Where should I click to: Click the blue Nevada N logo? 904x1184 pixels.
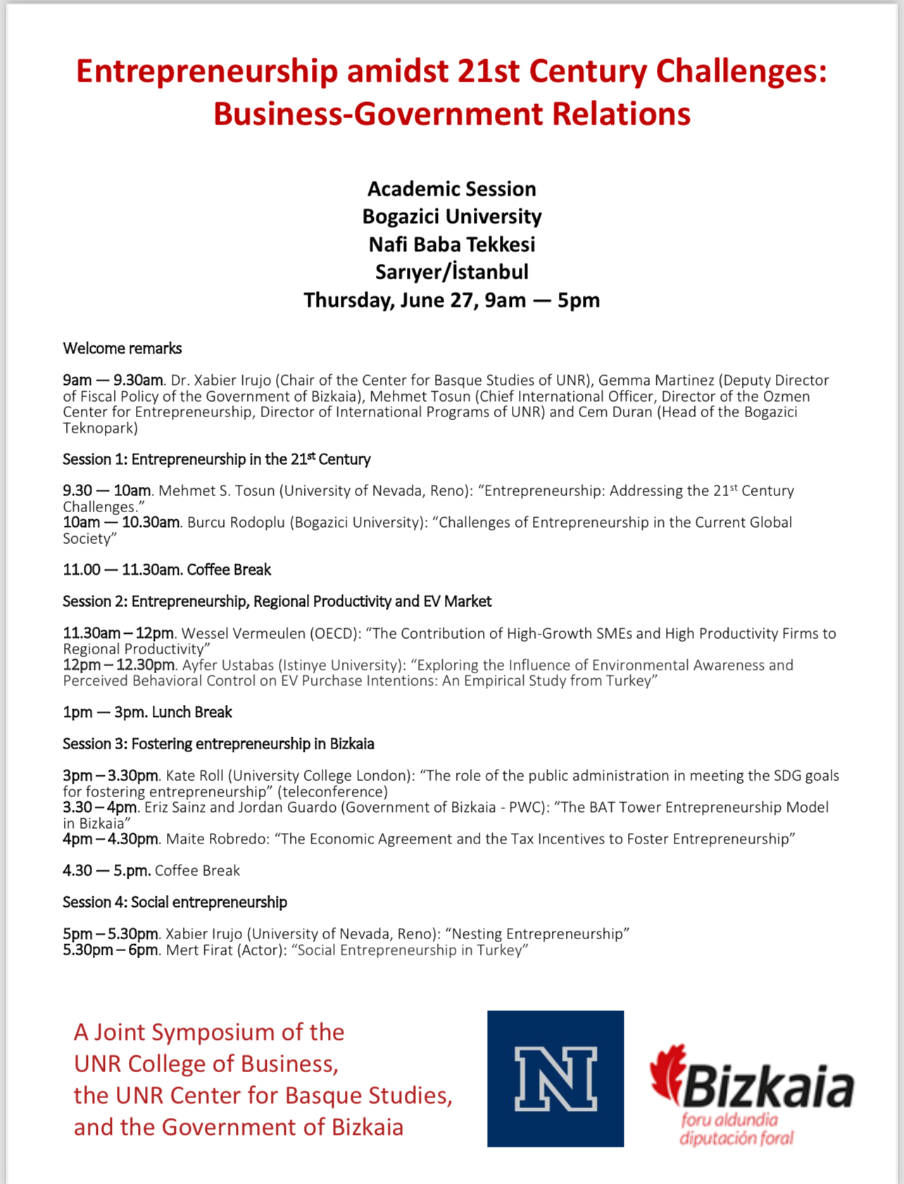tap(555, 1078)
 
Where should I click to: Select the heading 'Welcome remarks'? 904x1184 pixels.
tap(123, 348)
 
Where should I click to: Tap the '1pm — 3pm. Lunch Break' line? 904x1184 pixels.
tap(147, 712)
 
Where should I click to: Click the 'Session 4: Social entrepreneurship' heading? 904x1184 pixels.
tap(175, 902)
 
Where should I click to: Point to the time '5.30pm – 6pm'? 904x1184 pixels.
tap(111, 950)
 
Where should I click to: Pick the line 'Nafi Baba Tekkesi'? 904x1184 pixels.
tap(452, 244)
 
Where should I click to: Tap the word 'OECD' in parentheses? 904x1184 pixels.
tap(332, 633)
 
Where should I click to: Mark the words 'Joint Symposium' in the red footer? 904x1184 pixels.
tap(185, 1032)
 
